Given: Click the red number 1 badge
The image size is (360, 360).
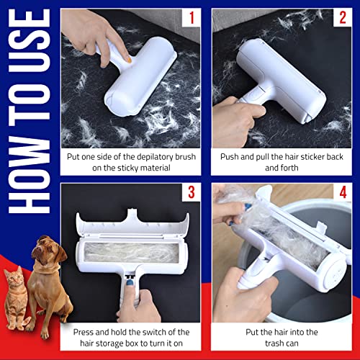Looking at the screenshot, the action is [x=192, y=18].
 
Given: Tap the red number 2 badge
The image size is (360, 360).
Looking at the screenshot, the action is [x=343, y=18].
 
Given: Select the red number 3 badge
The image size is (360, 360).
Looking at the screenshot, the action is [x=192, y=192].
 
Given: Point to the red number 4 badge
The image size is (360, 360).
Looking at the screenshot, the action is [x=343, y=192].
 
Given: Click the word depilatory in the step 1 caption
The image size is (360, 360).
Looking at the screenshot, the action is [x=148, y=157].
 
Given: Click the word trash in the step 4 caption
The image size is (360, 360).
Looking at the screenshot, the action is [x=274, y=343].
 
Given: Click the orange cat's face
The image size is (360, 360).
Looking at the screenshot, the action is [x=14, y=279].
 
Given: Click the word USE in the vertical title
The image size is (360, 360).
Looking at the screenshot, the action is [x=30, y=40].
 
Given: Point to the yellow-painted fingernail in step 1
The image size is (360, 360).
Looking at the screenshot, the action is [x=130, y=60].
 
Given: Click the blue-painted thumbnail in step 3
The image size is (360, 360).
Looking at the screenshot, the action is [x=130, y=282].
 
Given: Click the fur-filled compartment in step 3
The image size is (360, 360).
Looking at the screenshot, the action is [x=132, y=252].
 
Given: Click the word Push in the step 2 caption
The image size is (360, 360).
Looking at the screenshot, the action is [x=230, y=157].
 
